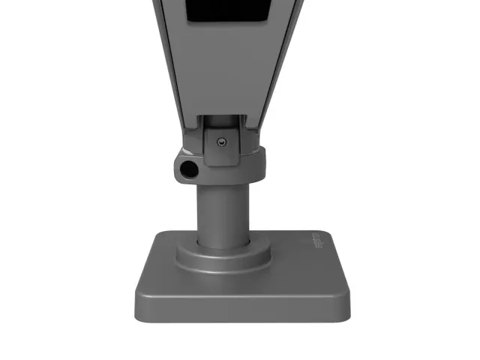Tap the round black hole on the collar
click(x=189, y=169)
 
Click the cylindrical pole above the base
click(x=223, y=214)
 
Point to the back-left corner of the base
click(x=158, y=235)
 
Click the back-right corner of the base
click(x=328, y=234)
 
